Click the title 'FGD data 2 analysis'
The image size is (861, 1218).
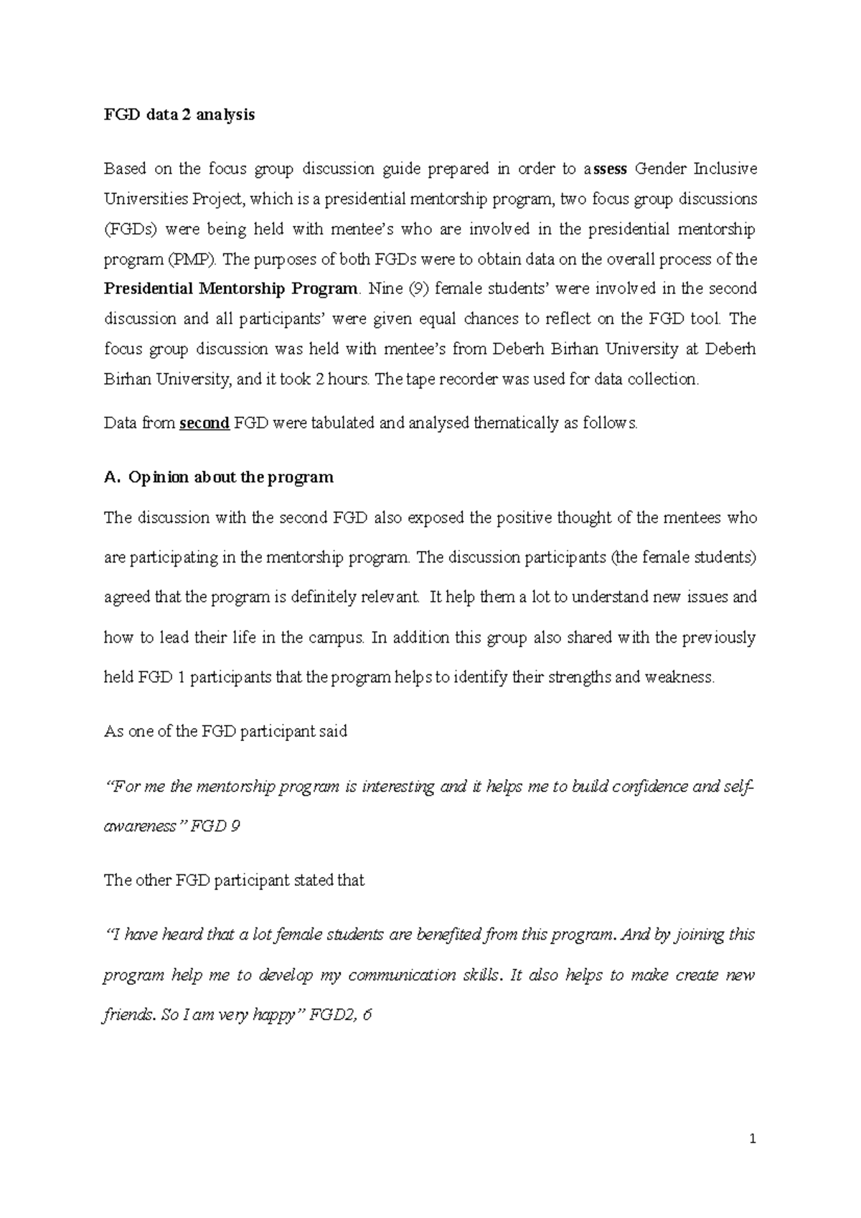(179, 115)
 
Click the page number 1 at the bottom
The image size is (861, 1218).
(753, 1138)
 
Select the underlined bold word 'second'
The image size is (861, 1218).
(204, 423)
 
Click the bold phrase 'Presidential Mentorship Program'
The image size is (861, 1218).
(230, 289)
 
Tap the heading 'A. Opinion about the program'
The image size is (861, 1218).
(219, 478)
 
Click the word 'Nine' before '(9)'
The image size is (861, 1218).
(385, 289)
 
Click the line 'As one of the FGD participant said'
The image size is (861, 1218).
(225, 732)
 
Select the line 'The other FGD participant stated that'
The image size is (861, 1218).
(234, 880)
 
